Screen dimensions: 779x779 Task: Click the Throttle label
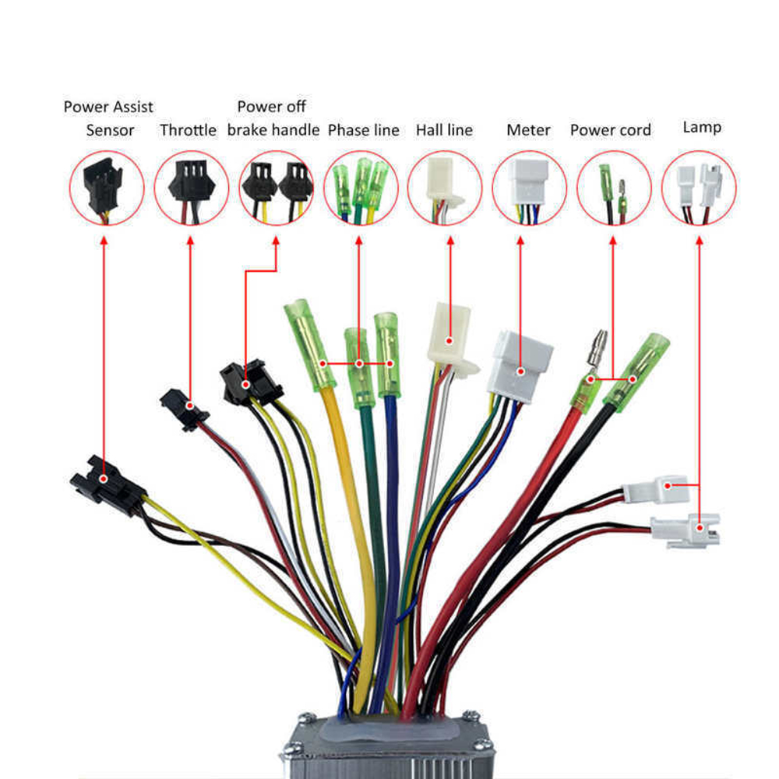pyautogui.click(x=188, y=130)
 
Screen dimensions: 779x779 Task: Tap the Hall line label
pyautogui.click(x=444, y=130)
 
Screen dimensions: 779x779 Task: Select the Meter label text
pyautogui.click(x=528, y=130)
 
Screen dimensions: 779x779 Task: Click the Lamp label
pyautogui.click(x=702, y=127)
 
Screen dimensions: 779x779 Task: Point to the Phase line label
pyautogui.click(x=364, y=130)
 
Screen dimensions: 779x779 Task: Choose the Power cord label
pyautogui.click(x=610, y=130)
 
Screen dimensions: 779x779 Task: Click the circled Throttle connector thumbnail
pyautogui.click(x=192, y=188)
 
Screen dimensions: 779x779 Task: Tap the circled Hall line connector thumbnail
pyautogui.click(x=445, y=188)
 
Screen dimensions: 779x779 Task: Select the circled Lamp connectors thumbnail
pyautogui.click(x=699, y=188)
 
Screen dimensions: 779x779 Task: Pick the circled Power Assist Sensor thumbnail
pyautogui.click(x=106, y=188)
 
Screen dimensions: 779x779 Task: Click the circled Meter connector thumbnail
pyautogui.click(x=530, y=188)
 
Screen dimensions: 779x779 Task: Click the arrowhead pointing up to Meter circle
pyautogui.click(x=520, y=241)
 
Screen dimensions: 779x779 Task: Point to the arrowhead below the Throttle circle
pyautogui.click(x=190, y=241)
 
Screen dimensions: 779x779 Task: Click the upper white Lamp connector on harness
pyautogui.click(x=656, y=489)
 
